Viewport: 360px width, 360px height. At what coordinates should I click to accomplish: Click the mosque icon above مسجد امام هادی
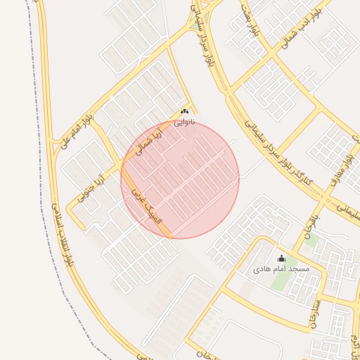[282, 258]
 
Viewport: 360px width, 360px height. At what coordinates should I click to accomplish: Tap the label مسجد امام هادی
[281, 269]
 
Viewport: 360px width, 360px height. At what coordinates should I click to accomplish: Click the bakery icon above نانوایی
[184, 111]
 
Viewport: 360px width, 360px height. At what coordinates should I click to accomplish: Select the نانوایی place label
[184, 121]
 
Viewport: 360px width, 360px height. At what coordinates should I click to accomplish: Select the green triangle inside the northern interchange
[195, 25]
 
